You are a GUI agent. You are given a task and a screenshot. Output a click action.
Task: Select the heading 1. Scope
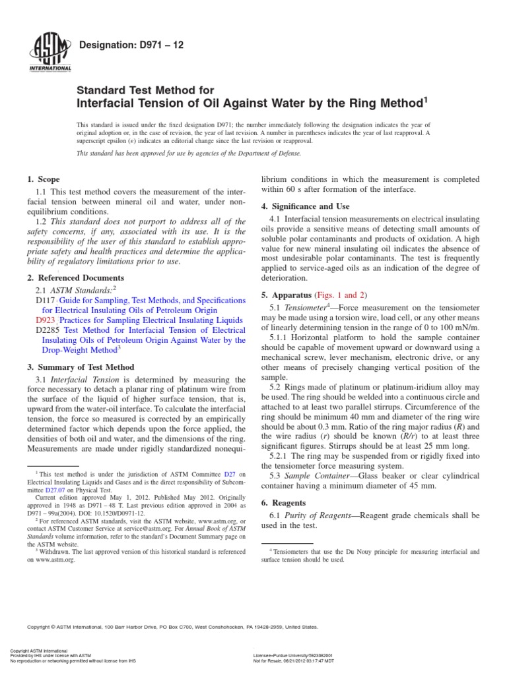coord(43,179)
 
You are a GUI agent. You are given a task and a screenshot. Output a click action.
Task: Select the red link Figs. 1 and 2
coord(343,295)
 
